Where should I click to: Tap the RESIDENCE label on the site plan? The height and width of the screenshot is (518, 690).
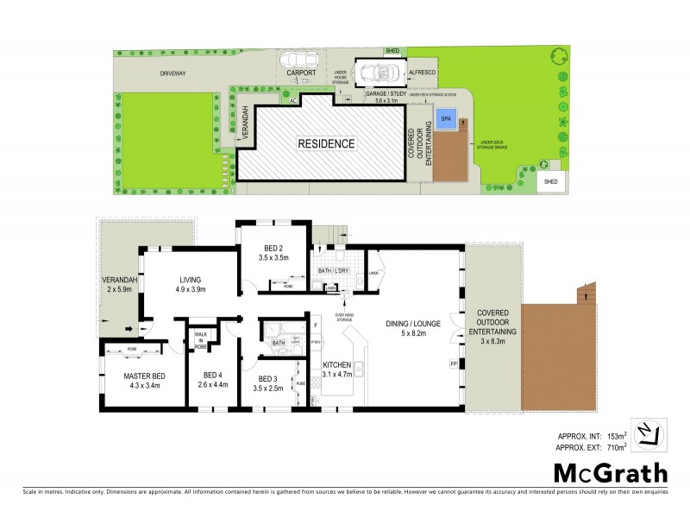point(326,143)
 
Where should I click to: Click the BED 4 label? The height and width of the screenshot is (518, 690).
point(212,380)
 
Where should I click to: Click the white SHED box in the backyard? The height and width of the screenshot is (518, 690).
point(550,181)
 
